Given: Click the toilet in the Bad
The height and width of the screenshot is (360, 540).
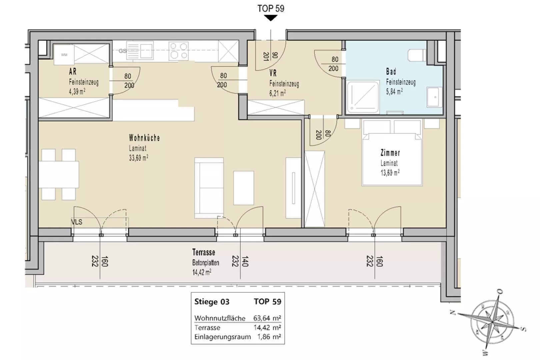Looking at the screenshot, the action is click(417, 55).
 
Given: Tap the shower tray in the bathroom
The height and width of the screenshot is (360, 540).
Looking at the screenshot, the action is click(363, 97).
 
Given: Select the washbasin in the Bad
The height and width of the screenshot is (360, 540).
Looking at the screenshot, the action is click(434, 97).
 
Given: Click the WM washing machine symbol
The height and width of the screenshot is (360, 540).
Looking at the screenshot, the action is click(64, 55).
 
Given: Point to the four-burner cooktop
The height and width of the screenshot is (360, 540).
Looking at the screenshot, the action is click(179, 51).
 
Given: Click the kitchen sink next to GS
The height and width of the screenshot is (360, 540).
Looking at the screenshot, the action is click(140, 50).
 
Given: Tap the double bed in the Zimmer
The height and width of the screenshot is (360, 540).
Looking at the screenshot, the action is click(392, 153).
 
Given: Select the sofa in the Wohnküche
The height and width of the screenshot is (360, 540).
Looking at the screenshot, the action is click(209, 188).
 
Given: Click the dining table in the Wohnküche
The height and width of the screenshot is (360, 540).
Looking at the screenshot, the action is click(59, 174).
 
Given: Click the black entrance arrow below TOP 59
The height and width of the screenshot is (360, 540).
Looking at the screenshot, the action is click(271, 18).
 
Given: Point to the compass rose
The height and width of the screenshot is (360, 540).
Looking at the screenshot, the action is click(492, 322).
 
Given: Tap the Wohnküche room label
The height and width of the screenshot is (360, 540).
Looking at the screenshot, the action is click(144, 138).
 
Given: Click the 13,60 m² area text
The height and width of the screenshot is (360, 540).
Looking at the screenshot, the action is click(390, 173).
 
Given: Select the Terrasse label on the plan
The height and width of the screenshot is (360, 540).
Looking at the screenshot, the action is click(204, 252).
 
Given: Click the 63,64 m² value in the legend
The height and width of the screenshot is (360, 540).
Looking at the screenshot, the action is click(267, 318).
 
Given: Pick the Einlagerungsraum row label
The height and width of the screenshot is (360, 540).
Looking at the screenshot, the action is click(223, 337).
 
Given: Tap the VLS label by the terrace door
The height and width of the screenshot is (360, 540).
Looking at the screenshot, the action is click(77, 222).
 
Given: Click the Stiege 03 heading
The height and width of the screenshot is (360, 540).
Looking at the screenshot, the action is click(212, 302).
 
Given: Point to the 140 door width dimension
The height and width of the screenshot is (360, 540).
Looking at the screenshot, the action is click(244, 262).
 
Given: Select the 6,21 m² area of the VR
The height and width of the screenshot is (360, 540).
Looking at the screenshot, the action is click(277, 93).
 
